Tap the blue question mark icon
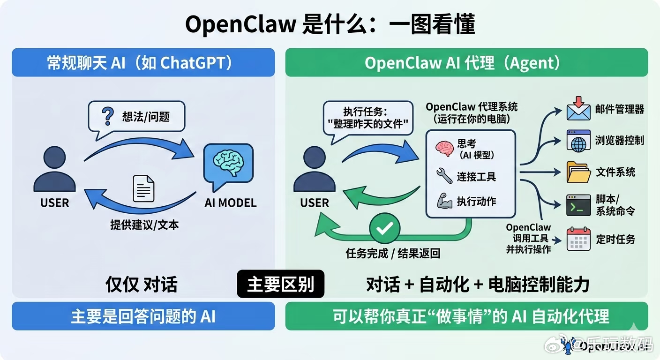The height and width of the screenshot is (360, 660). click(x=107, y=116)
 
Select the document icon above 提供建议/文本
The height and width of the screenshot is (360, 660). click(x=143, y=188)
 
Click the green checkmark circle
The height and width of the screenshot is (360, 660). click(x=384, y=228)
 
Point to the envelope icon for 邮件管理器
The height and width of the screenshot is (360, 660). click(x=578, y=109)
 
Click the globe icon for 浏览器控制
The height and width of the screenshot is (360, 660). click(x=578, y=141)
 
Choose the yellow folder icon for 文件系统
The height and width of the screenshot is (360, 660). click(x=578, y=172)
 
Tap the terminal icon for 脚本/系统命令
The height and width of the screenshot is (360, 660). click(x=578, y=205)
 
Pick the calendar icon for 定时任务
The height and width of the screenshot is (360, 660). click(x=578, y=239)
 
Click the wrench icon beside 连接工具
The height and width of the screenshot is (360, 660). click(x=444, y=176)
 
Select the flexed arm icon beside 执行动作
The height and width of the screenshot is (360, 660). click(x=444, y=202)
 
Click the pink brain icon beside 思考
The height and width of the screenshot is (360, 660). click(x=444, y=147)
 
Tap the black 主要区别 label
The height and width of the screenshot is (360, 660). click(x=280, y=284)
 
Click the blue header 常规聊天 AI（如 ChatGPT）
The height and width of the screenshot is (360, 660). click(x=143, y=63)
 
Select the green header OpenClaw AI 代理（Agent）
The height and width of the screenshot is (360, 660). click(x=466, y=63)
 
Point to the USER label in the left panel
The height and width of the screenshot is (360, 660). click(x=54, y=203)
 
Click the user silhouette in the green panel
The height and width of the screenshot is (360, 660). click(x=314, y=170)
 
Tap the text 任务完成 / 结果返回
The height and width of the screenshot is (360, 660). click(x=393, y=254)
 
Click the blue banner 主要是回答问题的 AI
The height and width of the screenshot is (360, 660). click(x=143, y=316)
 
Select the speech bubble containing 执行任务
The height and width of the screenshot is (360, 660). click(x=367, y=119)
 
